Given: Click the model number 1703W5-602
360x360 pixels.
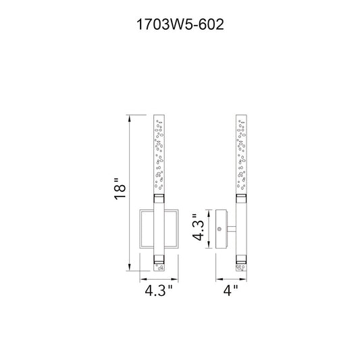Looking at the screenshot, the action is pos(180,24).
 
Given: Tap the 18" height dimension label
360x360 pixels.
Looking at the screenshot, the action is pos(120,188).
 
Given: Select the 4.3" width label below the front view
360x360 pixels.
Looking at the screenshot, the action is pos(159,290).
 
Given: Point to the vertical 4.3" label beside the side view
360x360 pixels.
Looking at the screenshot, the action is pos(198,228).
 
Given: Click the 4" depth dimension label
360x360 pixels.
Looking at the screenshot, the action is pos(231,290).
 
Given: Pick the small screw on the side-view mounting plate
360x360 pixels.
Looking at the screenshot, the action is pos(220,229).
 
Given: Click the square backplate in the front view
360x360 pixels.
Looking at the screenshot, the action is pos(140,229).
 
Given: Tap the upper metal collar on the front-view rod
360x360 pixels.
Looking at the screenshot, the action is pos(159,199).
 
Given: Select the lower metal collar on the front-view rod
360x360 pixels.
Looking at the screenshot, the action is pos(159,259).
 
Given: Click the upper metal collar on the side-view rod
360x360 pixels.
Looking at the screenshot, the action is pos(241,199).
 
